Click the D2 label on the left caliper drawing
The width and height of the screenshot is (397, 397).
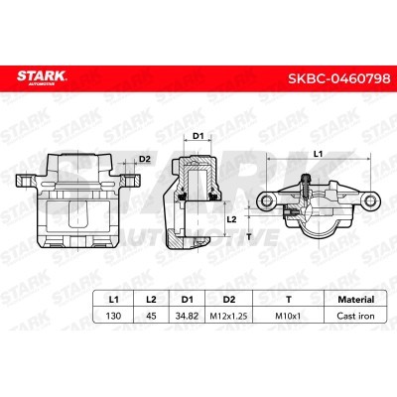coord(144,159)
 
